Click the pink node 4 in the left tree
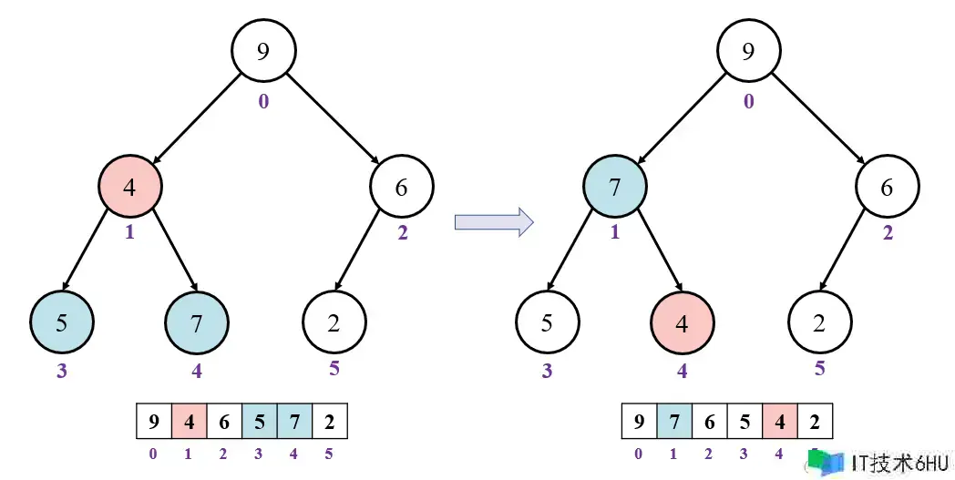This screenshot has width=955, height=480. [x=130, y=187]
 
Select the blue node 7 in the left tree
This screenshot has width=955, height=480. [x=197, y=322]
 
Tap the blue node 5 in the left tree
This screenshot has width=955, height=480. [x=61, y=322]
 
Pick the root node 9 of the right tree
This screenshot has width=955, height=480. [x=748, y=51]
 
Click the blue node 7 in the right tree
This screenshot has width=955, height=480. [x=615, y=187]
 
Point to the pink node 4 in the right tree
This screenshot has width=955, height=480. [x=683, y=322]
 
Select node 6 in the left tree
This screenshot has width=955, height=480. [x=402, y=187]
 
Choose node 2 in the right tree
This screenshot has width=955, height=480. [x=819, y=322]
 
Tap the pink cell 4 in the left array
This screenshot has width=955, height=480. [x=189, y=423]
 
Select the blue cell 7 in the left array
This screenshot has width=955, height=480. [x=294, y=423]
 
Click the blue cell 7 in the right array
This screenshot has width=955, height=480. [x=673, y=423]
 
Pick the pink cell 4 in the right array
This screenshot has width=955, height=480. [x=780, y=423]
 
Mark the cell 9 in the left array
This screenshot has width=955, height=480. [x=153, y=423]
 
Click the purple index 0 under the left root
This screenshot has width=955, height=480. [x=263, y=101]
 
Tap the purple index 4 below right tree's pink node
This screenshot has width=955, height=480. [x=683, y=371]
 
